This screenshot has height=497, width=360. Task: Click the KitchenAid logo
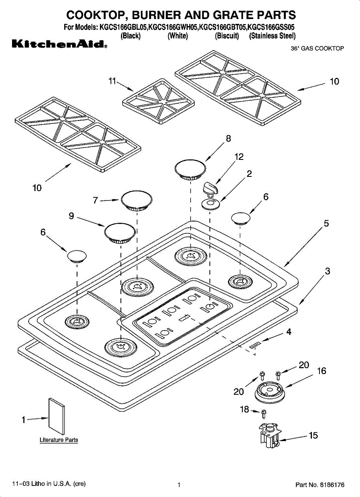[60, 44]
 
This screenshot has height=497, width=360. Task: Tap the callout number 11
[112, 81]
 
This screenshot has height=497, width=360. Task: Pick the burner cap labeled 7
[137, 200]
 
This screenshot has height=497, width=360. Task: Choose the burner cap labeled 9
[120, 233]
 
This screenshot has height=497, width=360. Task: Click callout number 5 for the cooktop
[326, 223]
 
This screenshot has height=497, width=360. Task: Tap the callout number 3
[327, 271]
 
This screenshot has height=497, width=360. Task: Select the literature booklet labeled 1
[57, 417]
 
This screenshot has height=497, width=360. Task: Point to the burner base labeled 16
[269, 393]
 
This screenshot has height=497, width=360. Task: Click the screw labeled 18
[264, 414]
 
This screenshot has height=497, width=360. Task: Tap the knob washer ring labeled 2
[211, 204]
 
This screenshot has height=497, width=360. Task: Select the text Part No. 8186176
[320, 485]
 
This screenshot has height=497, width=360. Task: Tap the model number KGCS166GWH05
[173, 27]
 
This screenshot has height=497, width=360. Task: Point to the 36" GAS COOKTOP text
[317, 48]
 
